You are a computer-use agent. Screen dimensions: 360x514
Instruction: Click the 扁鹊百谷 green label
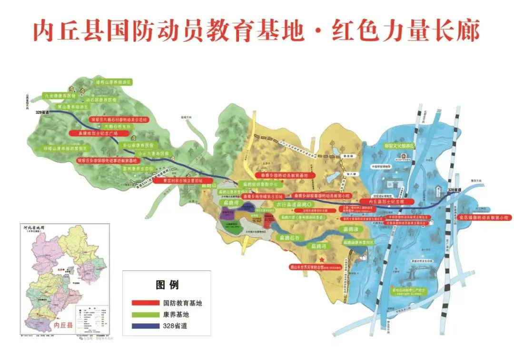click(290, 237)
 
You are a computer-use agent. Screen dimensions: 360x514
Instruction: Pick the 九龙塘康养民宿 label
click(60, 96)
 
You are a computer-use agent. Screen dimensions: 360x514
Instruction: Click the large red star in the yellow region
click(322, 259)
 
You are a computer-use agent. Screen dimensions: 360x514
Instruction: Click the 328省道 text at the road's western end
click(43, 112)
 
